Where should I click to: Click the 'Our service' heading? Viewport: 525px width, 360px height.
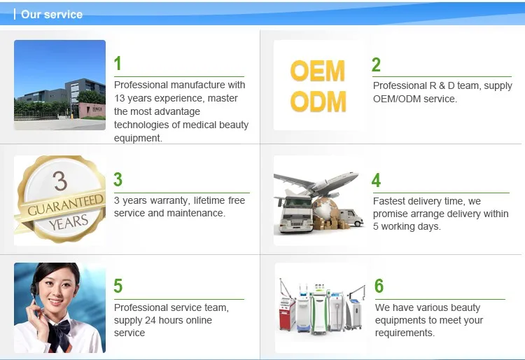tap(51, 14)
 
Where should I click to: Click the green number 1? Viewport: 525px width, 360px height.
tap(118, 64)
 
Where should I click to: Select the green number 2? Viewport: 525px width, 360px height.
tap(376, 65)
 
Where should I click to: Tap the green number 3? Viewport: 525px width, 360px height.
tap(118, 180)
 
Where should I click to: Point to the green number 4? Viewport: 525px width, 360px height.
tap(376, 181)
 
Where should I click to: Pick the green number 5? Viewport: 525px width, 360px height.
tap(118, 286)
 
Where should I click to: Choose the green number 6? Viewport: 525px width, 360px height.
tap(379, 286)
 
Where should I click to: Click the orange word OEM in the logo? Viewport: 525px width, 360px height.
tap(318, 71)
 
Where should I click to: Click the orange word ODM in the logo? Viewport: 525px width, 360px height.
tap(318, 102)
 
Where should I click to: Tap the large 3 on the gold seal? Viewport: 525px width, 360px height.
tap(60, 181)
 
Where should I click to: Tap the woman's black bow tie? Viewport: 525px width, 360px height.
tap(64, 326)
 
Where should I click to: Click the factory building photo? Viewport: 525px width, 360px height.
tap(59, 85)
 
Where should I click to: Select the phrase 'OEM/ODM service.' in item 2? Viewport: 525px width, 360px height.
tap(414, 99)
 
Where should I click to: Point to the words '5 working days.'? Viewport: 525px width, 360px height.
tap(407, 226)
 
